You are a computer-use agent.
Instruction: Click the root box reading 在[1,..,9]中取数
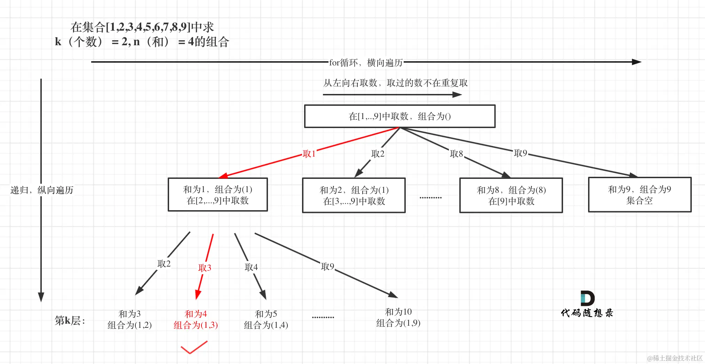[399, 116]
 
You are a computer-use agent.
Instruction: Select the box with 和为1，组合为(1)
[217, 195]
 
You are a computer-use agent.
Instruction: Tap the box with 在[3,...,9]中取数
[354, 195]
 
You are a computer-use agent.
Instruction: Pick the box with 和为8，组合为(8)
[511, 195]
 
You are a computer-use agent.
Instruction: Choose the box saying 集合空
[639, 195]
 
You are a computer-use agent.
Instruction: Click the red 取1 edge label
[309, 154]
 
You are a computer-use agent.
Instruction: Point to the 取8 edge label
[456, 154]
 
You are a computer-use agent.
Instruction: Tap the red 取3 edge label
[205, 268]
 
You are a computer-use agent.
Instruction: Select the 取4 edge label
[251, 267]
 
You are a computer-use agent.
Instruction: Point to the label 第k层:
[70, 320]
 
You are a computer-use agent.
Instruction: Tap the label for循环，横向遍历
[366, 63]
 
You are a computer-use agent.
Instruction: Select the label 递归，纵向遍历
[42, 190]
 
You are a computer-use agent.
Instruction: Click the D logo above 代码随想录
[587, 298]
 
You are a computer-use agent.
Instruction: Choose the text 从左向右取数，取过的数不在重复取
[395, 83]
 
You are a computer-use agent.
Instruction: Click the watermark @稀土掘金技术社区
[674, 358]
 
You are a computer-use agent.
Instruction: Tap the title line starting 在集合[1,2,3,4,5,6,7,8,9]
[142, 27]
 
